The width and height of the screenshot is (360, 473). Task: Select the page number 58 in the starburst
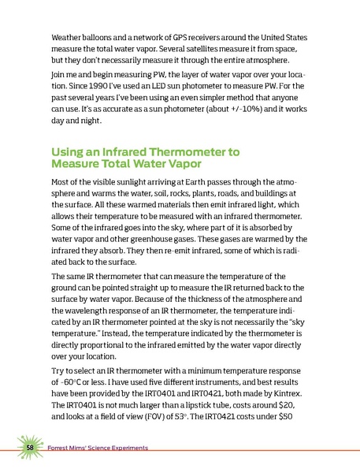pos(29,448)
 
